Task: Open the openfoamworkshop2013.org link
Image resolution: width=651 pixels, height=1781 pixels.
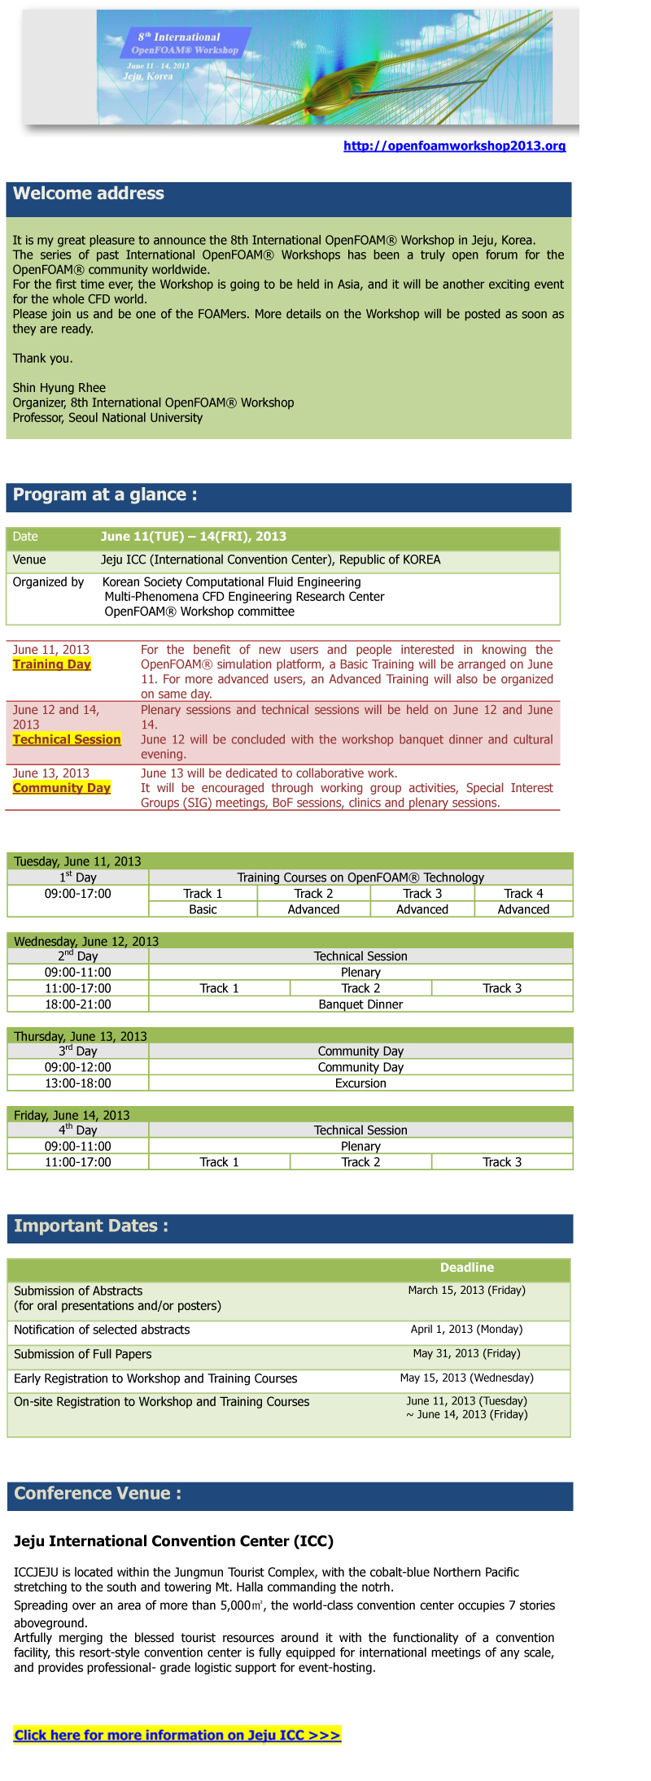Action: pyautogui.click(x=454, y=146)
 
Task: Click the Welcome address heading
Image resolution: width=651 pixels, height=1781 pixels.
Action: pyautogui.click(x=89, y=194)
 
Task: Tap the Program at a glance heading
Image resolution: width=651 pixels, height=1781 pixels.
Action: pyautogui.click(x=105, y=494)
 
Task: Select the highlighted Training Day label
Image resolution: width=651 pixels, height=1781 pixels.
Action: pyautogui.click(x=51, y=664)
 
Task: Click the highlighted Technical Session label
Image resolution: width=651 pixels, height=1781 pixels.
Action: pyautogui.click(x=67, y=739)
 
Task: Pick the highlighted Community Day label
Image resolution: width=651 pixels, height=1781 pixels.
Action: pyautogui.click(x=61, y=788)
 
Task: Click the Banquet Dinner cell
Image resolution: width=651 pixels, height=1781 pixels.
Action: pyautogui.click(x=360, y=1004)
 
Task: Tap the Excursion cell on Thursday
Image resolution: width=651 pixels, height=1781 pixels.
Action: pyautogui.click(x=360, y=1083)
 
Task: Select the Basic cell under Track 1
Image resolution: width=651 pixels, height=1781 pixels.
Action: pyautogui.click(x=203, y=909)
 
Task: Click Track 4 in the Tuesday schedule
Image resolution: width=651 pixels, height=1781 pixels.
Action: pyautogui.click(x=523, y=893)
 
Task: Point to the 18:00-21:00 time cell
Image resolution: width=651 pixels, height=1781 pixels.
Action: pyautogui.click(x=78, y=1004)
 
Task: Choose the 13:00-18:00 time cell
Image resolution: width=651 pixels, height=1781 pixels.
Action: pyautogui.click(x=78, y=1083)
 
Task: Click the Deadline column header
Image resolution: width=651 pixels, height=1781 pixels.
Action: pyautogui.click(x=466, y=1268)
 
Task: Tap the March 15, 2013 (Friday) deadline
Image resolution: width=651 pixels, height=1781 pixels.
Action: pyautogui.click(x=466, y=1291)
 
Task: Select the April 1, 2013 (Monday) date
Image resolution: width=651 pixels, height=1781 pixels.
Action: pyautogui.click(x=466, y=1330)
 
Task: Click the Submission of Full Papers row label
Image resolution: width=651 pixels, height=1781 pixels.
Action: pyautogui.click(x=83, y=1354)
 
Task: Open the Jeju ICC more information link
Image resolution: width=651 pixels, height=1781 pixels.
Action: pyautogui.click(x=177, y=1735)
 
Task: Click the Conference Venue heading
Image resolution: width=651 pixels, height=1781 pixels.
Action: pyautogui.click(x=98, y=1493)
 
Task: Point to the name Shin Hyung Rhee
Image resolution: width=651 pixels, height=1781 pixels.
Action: pyautogui.click(x=59, y=388)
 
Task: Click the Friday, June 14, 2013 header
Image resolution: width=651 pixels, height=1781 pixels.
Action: pyautogui.click(x=72, y=1115)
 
